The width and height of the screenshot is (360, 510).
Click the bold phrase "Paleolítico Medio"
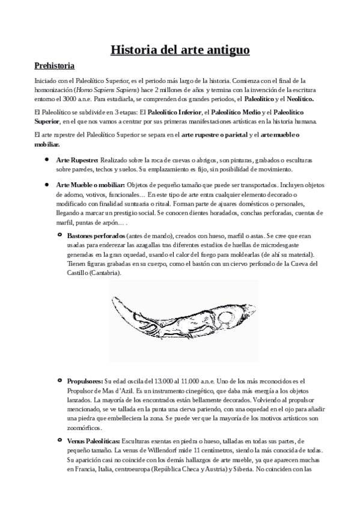[x=239, y=112]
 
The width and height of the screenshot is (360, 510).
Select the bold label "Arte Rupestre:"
[x=77, y=161]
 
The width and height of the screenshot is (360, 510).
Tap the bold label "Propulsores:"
[x=85, y=381]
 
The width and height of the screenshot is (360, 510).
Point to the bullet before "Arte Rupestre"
[x=46, y=161]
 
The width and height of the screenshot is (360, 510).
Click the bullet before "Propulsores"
[x=59, y=381]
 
